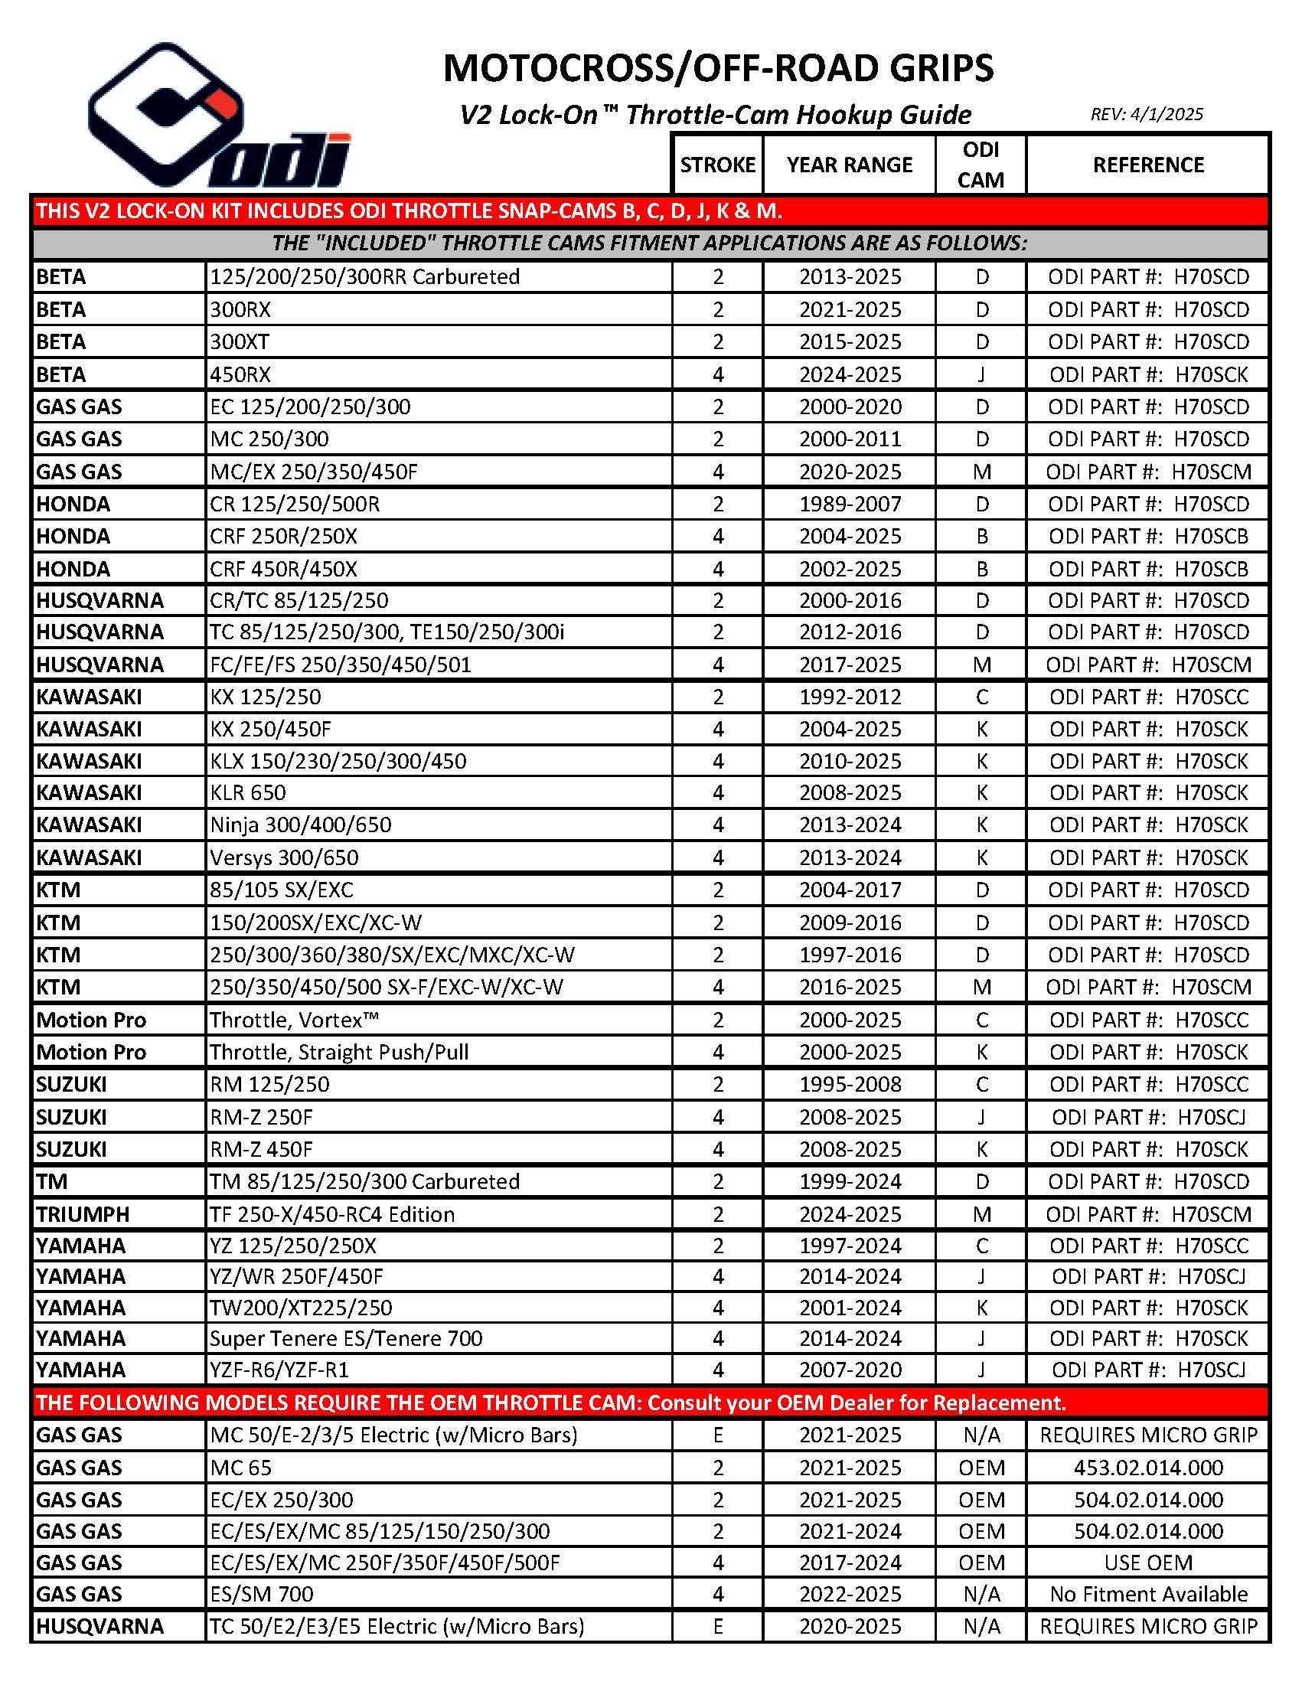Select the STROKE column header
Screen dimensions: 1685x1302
tap(717, 165)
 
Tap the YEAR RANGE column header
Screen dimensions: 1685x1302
tap(849, 165)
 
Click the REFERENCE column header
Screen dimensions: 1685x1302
tap(1147, 165)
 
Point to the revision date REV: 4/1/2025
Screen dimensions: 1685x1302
tap(1146, 114)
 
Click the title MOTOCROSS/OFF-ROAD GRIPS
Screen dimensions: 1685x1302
tap(718, 69)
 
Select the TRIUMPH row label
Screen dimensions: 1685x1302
tap(83, 1214)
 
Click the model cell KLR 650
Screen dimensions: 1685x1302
tap(247, 792)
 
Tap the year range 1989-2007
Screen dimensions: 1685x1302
tap(850, 504)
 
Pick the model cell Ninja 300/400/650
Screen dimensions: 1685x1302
tap(301, 825)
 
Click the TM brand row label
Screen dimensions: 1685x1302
tap(52, 1181)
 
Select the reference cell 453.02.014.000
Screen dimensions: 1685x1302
tap(1147, 1468)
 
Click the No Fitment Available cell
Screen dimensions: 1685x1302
tap(1147, 1594)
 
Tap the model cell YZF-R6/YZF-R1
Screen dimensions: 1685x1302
tap(279, 1370)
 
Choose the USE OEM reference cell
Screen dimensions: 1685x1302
tap(1147, 1563)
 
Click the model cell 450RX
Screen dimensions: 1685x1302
tap(240, 374)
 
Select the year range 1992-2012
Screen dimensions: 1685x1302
tap(850, 697)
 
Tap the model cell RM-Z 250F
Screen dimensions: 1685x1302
tap(262, 1117)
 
